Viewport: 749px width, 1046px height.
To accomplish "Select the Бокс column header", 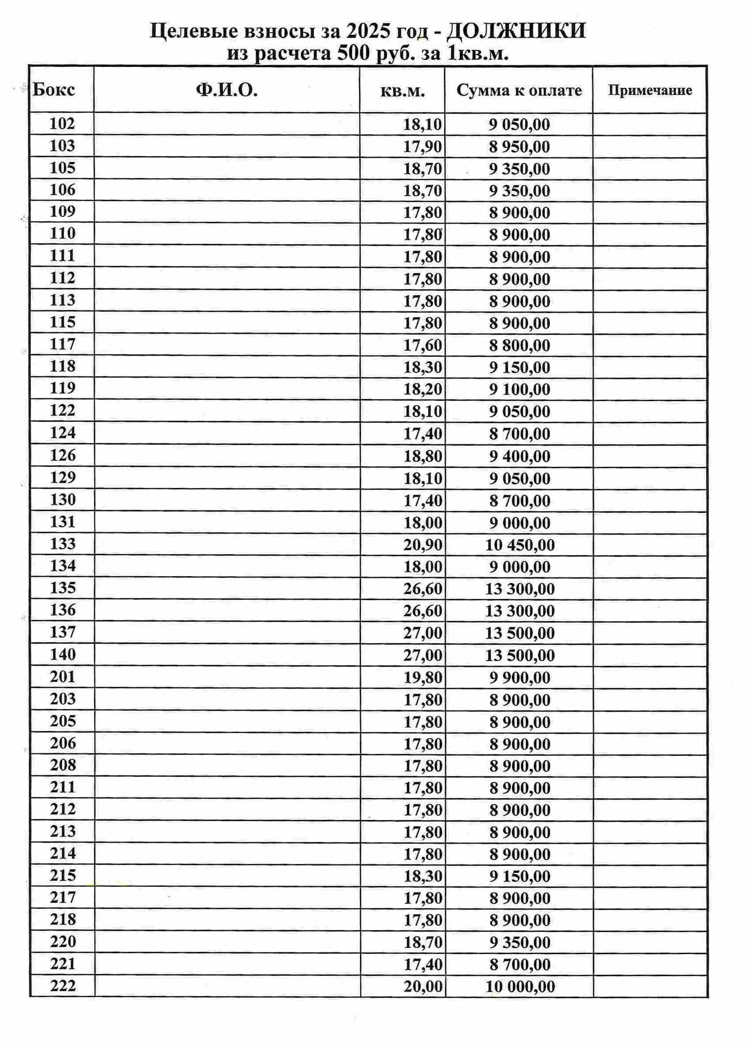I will click(53, 90).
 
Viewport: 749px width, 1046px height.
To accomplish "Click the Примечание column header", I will click(649, 90).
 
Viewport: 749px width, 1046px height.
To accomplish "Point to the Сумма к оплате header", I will click(519, 91).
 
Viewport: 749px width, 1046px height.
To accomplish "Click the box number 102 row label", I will click(62, 124).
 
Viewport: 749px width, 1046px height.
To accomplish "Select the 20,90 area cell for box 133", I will click(423, 545).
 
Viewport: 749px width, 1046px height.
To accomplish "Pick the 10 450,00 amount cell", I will click(519, 545).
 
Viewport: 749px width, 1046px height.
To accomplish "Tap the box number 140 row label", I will click(62, 654).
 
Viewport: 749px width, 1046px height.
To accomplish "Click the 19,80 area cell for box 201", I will click(423, 678).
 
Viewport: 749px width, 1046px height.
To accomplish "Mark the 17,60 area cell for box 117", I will click(423, 345).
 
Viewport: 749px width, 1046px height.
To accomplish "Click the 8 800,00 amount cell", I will click(519, 345).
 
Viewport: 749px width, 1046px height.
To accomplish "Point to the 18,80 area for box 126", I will click(423, 456).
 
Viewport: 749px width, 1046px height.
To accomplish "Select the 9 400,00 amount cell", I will click(519, 456).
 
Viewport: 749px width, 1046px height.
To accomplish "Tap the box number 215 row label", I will click(63, 875).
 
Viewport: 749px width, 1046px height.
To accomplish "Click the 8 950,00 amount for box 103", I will click(519, 147).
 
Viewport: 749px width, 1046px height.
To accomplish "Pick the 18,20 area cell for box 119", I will click(423, 389).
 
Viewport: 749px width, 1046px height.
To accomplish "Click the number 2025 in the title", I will click(367, 31).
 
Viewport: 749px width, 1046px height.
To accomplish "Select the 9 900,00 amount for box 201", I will click(520, 678).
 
